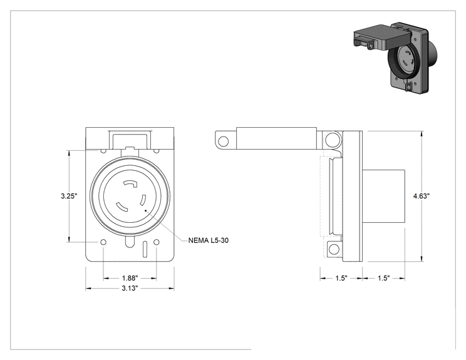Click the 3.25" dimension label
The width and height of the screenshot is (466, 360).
coord(69,196)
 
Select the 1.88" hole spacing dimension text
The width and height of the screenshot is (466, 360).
coord(130,279)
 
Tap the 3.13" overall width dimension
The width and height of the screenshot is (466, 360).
coord(130,288)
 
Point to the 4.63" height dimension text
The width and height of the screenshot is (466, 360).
coord(422,196)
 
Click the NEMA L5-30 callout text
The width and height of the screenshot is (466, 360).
coord(209,240)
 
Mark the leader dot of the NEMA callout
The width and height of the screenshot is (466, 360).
coord(145,210)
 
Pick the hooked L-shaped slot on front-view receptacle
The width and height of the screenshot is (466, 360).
coord(130,184)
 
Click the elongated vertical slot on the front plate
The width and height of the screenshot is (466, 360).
coord(145,249)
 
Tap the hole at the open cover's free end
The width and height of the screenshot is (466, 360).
coord(223,141)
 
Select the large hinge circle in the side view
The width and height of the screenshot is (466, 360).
coord(332,139)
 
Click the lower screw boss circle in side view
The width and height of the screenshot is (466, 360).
coord(334,249)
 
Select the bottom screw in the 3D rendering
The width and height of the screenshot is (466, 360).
coord(409,87)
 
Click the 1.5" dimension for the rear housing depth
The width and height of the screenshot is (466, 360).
coord(384,279)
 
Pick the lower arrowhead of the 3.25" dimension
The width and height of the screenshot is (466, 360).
coord(70,239)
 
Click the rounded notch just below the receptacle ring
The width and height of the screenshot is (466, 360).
coord(130,242)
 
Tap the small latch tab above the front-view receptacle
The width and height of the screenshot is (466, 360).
coord(130,148)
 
